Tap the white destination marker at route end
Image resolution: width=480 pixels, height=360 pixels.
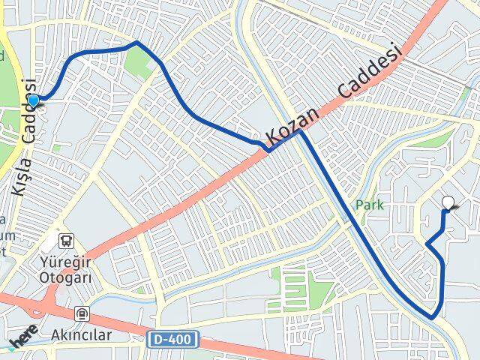(449, 202)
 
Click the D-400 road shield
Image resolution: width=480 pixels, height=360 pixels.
(173, 340)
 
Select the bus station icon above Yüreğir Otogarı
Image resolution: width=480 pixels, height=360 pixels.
(67, 241)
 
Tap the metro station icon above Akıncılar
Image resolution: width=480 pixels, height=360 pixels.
(81, 314)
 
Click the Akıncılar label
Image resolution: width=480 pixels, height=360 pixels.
(81, 334)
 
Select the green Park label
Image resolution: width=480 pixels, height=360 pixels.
(370, 204)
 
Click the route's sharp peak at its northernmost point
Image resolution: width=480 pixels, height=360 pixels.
(136, 43)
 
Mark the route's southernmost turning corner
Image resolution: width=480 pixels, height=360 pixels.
(433, 317)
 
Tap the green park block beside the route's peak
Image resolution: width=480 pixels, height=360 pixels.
(139, 63)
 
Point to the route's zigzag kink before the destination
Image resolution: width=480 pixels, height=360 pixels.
(427, 244)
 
